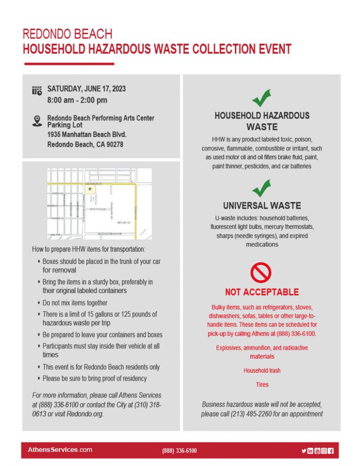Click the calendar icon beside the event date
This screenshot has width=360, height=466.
click(37, 91)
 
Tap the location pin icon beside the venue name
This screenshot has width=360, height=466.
click(37, 121)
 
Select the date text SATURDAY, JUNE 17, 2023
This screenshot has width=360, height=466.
click(86, 89)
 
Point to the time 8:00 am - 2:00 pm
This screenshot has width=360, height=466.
click(77, 100)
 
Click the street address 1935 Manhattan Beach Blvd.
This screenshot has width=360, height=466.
click(87, 135)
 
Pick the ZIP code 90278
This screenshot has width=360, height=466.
click(113, 144)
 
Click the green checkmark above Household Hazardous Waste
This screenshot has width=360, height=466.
click(262, 98)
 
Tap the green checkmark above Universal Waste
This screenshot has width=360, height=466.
click(262, 188)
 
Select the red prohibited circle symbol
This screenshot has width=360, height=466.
click(262, 272)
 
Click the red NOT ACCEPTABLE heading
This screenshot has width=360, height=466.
click(262, 292)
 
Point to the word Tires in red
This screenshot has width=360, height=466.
click(262, 384)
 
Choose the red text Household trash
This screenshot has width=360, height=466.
click(262, 370)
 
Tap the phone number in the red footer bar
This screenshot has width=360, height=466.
click(180, 451)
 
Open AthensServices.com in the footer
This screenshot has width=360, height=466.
click(60, 450)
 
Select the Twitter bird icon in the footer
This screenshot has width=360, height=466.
click(304, 451)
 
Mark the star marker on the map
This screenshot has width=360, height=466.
click(90, 189)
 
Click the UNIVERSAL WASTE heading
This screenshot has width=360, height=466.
click(262, 205)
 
